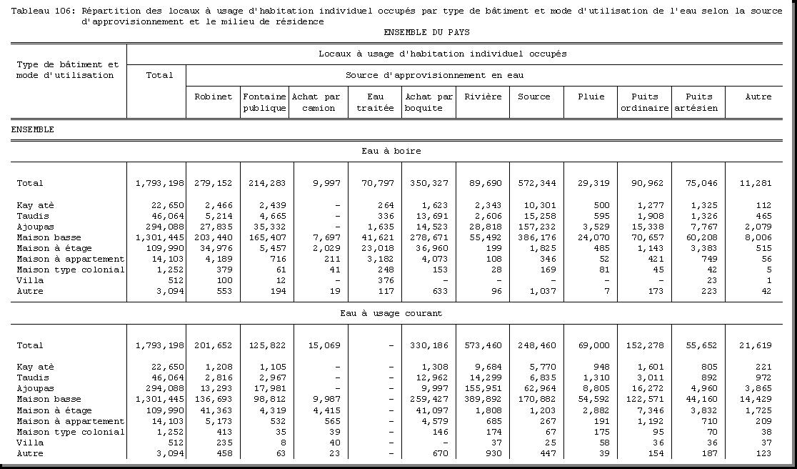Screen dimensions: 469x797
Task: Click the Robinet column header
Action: coord(214,97)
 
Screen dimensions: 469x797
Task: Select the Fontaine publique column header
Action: coord(264,102)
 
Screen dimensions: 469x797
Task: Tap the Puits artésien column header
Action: coord(698,102)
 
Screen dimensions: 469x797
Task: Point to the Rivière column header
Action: coord(483,97)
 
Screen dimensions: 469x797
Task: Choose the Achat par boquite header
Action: coord(428,102)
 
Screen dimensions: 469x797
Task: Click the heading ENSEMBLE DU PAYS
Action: coord(426,32)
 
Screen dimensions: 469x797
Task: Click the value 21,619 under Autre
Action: coord(756,345)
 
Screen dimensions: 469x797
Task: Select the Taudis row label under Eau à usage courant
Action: coord(32,377)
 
